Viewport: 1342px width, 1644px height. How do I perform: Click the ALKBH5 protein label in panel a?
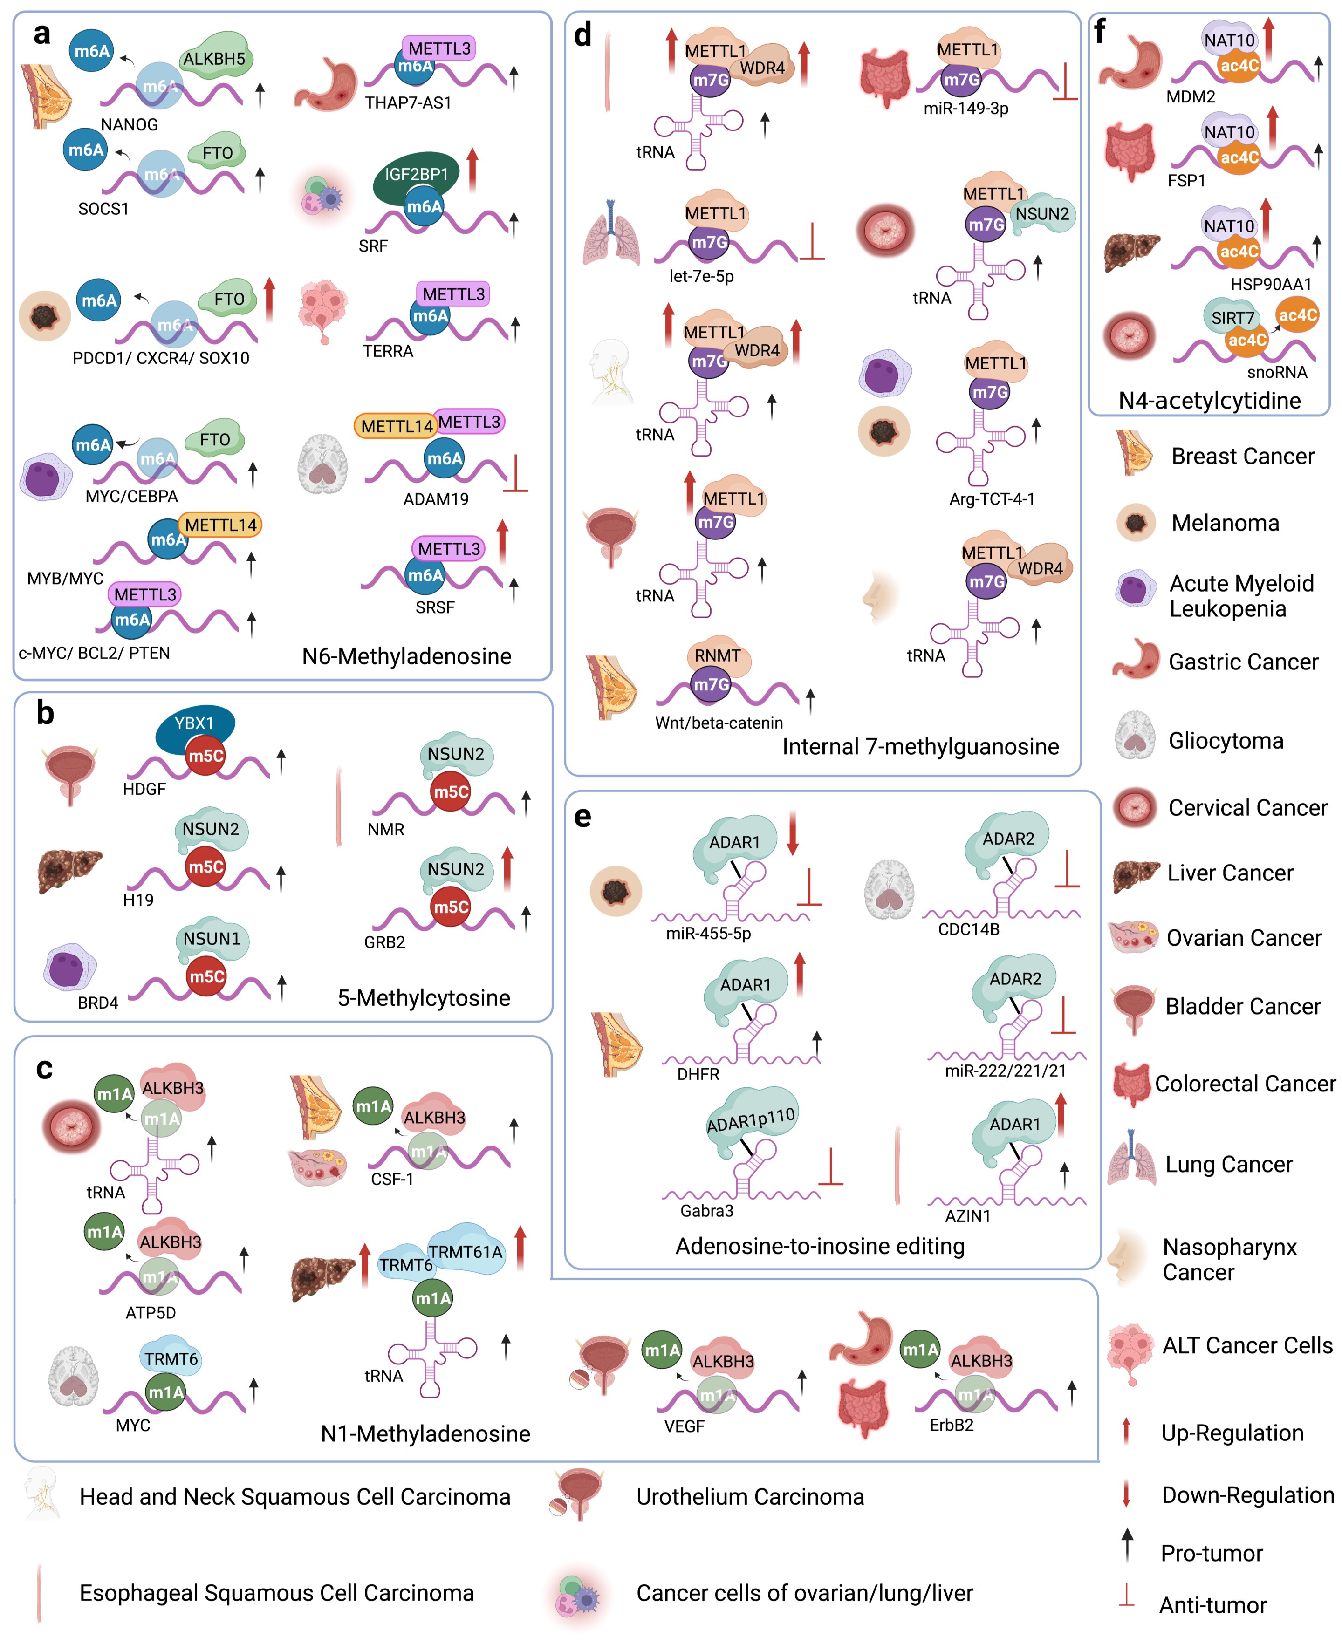(x=214, y=59)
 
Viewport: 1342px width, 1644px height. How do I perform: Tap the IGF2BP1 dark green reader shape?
(x=416, y=175)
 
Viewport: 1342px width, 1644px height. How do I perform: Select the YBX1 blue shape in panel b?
(x=194, y=723)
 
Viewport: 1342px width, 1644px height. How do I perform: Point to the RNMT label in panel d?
(x=718, y=655)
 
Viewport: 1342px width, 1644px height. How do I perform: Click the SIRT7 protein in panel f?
(x=1232, y=318)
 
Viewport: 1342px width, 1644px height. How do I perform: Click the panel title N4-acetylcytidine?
(x=1209, y=400)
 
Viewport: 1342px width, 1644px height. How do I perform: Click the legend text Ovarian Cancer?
(x=1244, y=938)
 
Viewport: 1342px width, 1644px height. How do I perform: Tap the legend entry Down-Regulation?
(x=1247, y=1495)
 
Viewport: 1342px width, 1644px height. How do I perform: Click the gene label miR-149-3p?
(x=965, y=108)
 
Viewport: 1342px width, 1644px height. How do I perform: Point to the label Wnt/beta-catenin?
(x=719, y=723)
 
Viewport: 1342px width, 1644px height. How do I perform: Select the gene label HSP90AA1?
(x=1270, y=284)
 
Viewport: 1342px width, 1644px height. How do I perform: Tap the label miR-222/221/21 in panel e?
(x=1005, y=1071)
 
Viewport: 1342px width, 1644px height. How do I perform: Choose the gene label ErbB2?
(x=951, y=1425)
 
